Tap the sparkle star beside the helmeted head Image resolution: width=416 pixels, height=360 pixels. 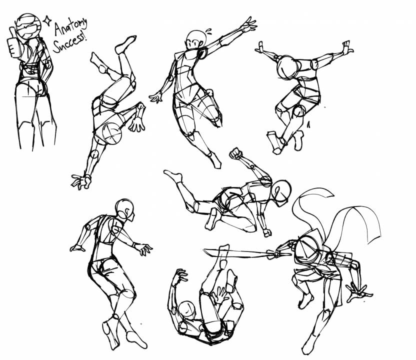[47, 20]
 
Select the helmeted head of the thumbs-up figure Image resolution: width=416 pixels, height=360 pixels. [28, 26]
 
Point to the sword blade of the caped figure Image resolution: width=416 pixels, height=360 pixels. [235, 253]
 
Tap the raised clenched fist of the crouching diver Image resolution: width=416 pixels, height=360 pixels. [236, 153]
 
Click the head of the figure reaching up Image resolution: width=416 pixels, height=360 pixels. [196, 40]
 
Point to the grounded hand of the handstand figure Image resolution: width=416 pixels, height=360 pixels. [81, 181]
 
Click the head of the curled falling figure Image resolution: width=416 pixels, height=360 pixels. [187, 309]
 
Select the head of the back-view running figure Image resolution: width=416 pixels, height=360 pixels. [124, 209]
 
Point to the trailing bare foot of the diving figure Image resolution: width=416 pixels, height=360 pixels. [173, 175]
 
